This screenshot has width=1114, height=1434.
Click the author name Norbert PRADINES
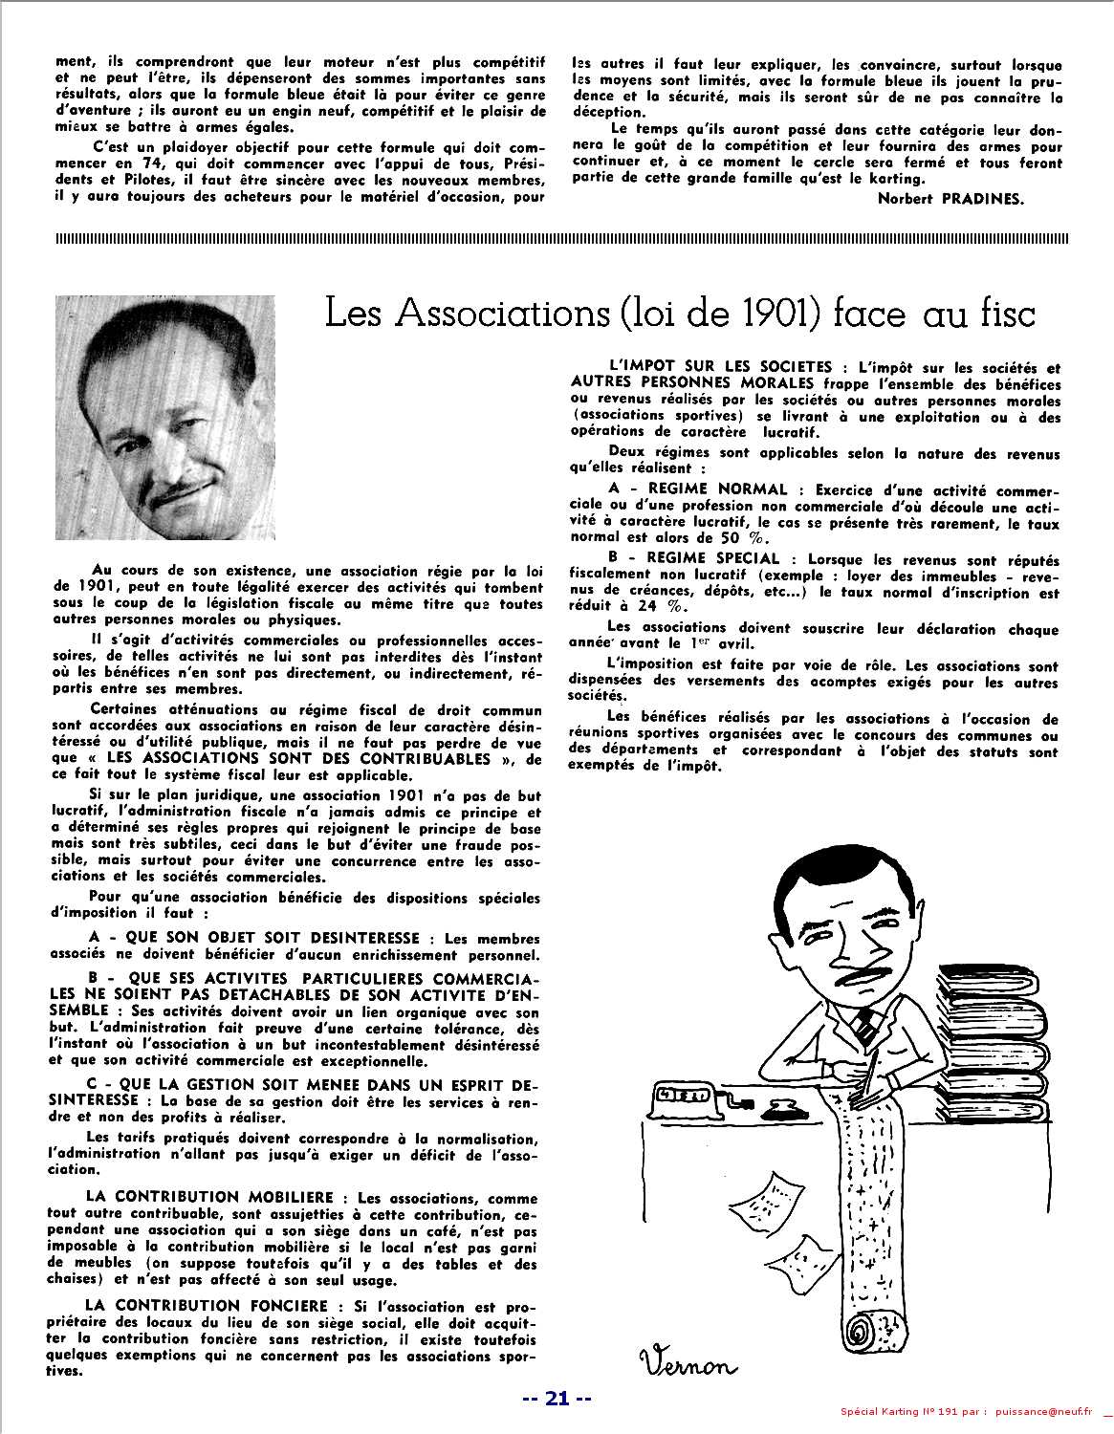(969, 198)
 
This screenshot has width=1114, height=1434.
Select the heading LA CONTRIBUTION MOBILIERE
(209, 1197)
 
